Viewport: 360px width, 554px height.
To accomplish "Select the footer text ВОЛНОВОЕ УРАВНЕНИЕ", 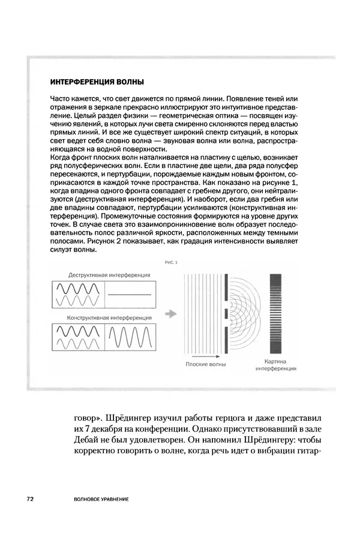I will (99, 499).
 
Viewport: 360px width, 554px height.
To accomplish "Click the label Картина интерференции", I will (277, 366).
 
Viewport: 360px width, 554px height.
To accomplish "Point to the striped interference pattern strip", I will (277, 312).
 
